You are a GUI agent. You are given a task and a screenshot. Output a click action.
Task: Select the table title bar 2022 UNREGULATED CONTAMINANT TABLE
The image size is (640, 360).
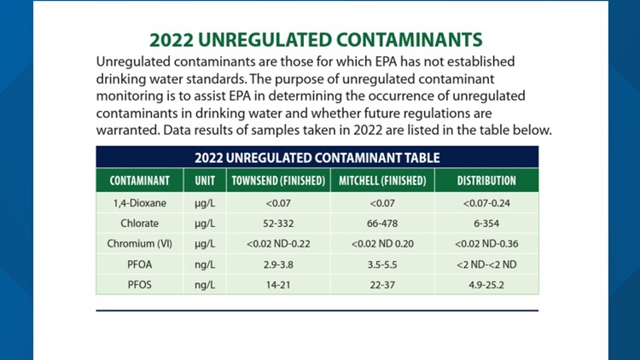(317, 158)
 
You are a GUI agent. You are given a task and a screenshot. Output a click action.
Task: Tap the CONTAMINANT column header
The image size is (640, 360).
(139, 181)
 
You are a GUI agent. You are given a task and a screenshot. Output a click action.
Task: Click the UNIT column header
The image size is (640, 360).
(205, 181)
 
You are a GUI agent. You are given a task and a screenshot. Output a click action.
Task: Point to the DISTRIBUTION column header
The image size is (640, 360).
(486, 181)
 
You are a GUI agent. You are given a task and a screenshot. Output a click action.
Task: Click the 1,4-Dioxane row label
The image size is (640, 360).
(139, 203)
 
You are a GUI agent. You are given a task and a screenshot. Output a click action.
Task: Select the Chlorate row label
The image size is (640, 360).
(139, 224)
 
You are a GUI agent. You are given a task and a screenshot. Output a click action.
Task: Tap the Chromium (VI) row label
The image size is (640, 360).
(139, 244)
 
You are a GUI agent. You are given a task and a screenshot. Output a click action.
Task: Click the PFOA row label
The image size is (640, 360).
(139, 264)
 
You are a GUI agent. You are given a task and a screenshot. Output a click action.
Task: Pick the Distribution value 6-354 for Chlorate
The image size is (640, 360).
(486, 224)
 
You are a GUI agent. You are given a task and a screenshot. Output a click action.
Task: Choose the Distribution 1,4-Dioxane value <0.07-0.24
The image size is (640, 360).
(486, 203)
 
